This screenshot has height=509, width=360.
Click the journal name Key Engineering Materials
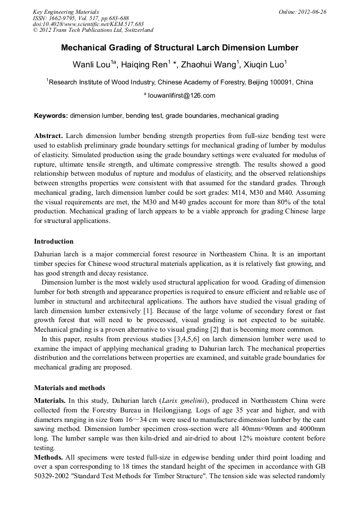tap(66, 12)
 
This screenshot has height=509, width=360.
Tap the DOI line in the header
tap(88, 24)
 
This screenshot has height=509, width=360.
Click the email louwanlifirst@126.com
tap(181, 96)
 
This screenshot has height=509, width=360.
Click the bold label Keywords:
tap(51, 115)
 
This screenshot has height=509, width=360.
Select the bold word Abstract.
tap(48, 136)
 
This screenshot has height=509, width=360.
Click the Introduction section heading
tap(54, 241)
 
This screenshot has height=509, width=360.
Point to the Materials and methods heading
tap(70, 388)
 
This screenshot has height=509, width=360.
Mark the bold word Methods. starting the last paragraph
tap(49, 458)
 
